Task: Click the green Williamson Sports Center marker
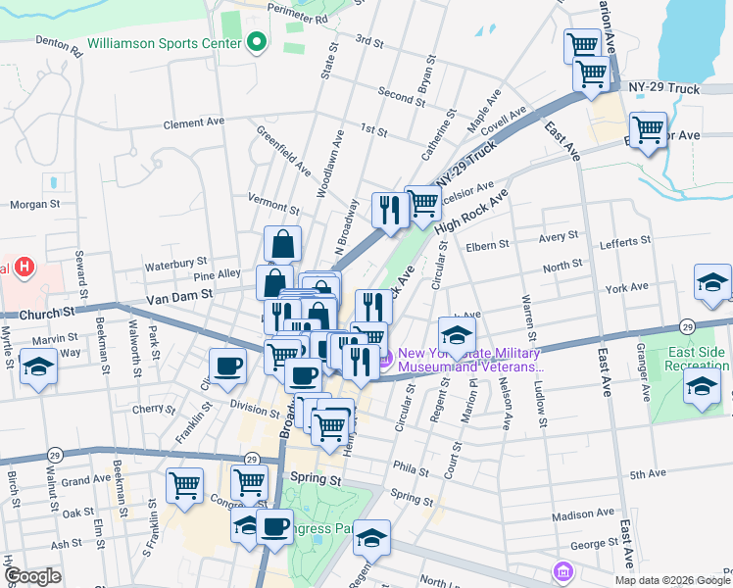pyautogui.click(x=257, y=42)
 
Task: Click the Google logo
pyautogui.click(x=32, y=575)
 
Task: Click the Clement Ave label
pyautogui.click(x=194, y=123)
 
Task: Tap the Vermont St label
pyautogui.click(x=273, y=207)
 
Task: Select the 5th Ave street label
pyautogui.click(x=648, y=474)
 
